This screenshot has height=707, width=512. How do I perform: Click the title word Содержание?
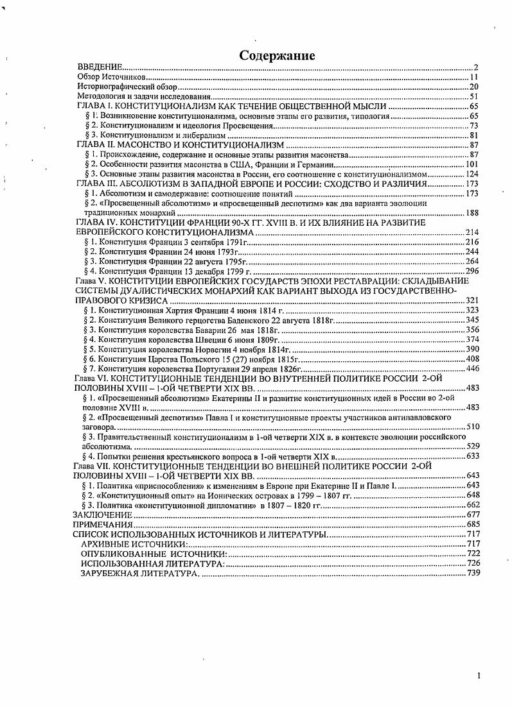277,56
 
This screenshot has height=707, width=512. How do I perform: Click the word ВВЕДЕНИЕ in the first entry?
100,67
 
